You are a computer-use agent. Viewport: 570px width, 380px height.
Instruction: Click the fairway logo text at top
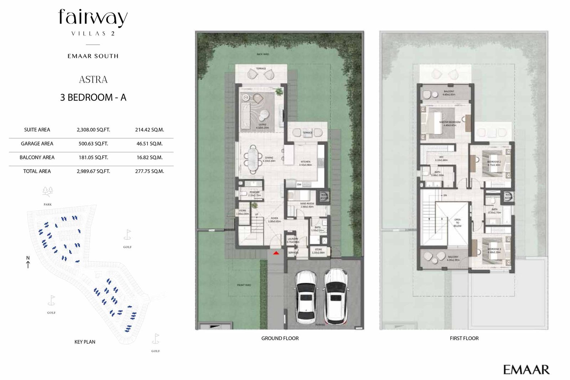click(x=93, y=18)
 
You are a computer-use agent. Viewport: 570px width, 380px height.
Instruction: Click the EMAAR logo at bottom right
click(x=526, y=370)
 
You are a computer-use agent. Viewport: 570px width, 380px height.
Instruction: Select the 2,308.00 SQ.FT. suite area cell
click(x=93, y=130)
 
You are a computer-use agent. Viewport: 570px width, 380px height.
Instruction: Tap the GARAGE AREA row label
click(x=37, y=144)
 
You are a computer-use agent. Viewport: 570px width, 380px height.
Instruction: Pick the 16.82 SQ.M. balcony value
click(x=149, y=157)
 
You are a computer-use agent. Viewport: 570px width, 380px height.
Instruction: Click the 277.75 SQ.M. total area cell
click(x=149, y=171)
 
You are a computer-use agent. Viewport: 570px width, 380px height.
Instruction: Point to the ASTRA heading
click(x=93, y=79)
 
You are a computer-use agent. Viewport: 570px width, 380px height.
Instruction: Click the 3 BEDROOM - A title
click(x=93, y=98)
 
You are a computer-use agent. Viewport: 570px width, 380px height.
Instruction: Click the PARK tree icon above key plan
click(x=48, y=192)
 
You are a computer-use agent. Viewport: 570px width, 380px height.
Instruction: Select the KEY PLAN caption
click(x=85, y=342)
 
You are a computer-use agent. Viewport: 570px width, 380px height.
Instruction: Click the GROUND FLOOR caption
click(x=280, y=338)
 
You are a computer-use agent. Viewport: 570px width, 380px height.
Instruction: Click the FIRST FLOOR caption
click(x=464, y=338)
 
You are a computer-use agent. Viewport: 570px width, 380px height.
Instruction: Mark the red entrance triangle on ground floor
click(x=276, y=253)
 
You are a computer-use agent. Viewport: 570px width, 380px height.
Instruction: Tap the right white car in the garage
click(x=335, y=296)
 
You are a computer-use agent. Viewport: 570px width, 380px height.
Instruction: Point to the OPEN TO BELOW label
click(x=457, y=223)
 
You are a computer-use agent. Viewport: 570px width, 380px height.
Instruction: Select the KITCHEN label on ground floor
click(x=305, y=163)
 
